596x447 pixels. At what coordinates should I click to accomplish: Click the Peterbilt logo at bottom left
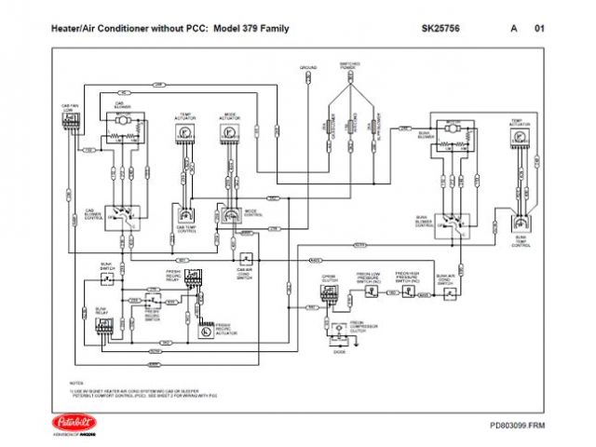[x=69, y=421]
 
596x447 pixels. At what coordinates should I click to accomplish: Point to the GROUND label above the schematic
[x=308, y=68]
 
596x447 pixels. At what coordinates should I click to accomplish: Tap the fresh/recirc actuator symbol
[x=204, y=331]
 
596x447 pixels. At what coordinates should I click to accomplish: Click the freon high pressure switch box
[x=407, y=291]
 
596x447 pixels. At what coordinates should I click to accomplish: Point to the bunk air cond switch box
[x=448, y=291]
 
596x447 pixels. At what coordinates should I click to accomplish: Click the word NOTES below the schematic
[x=76, y=382]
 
